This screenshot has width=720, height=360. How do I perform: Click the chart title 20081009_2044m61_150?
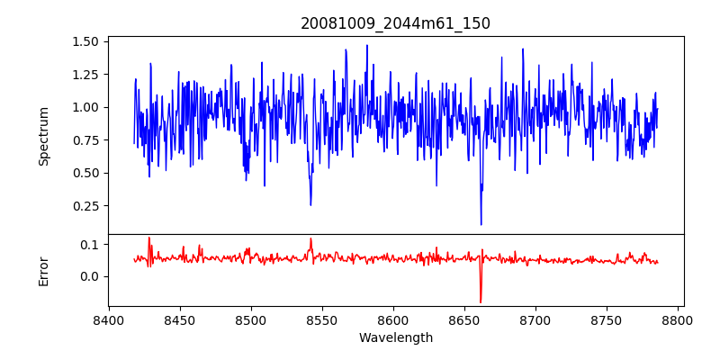click(x=395, y=23)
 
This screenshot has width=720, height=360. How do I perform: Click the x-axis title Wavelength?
click(x=395, y=338)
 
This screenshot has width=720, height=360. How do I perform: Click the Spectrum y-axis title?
click(x=44, y=136)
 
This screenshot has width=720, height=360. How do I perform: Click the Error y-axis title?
click(x=44, y=270)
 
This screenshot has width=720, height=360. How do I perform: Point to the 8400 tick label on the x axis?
click(x=108, y=320)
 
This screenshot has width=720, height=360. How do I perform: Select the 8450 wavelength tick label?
click(x=179, y=320)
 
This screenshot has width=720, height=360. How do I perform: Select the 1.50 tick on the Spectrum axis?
click(x=86, y=41)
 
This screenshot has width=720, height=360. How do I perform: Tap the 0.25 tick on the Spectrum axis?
click(x=86, y=206)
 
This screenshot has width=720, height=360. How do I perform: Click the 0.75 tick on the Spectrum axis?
click(x=86, y=140)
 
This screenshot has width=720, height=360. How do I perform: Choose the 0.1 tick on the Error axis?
click(x=91, y=245)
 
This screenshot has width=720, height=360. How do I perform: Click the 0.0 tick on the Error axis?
click(x=91, y=276)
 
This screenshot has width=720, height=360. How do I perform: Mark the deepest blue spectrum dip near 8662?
click(x=481, y=224)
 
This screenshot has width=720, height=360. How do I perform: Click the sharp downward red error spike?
click(x=481, y=301)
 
